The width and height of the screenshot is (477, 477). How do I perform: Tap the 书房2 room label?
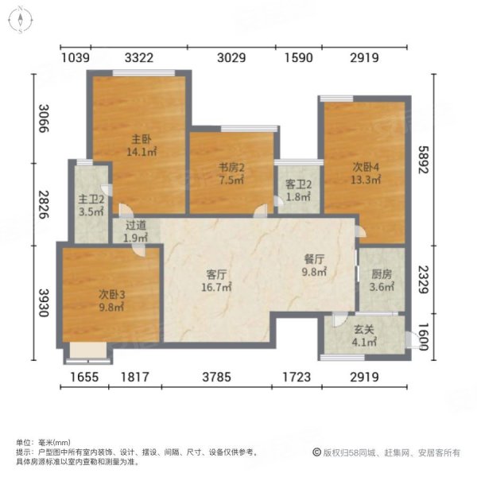click(x=231, y=173)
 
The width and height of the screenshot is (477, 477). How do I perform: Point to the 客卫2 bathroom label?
click(x=298, y=190)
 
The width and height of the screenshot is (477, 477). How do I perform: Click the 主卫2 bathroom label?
click(x=90, y=207)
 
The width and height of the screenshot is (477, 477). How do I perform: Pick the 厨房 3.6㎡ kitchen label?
click(x=382, y=281)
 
